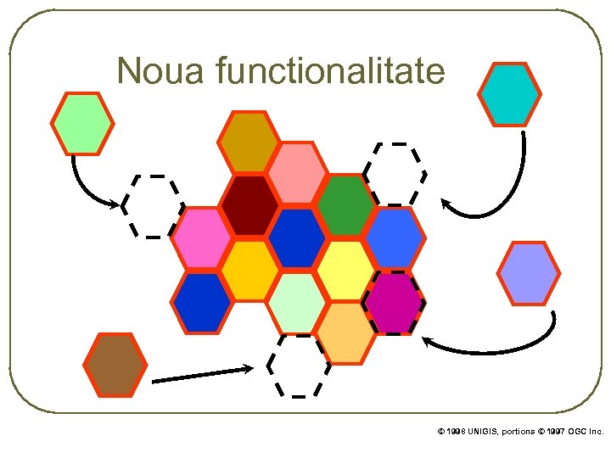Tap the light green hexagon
click(81, 123)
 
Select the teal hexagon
click(509, 93)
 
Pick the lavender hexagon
click(528, 273)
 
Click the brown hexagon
click(115, 365)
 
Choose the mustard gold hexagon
click(249, 141)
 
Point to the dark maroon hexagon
click(249, 205)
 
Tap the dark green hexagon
click(346, 205)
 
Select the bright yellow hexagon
click(346, 270)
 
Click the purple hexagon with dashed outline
click(394, 302)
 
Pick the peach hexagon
click(346, 333)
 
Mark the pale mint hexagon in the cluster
click(297, 302)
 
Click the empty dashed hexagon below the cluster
click(298, 366)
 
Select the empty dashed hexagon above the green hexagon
click(395, 174)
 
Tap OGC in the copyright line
click(576, 432)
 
